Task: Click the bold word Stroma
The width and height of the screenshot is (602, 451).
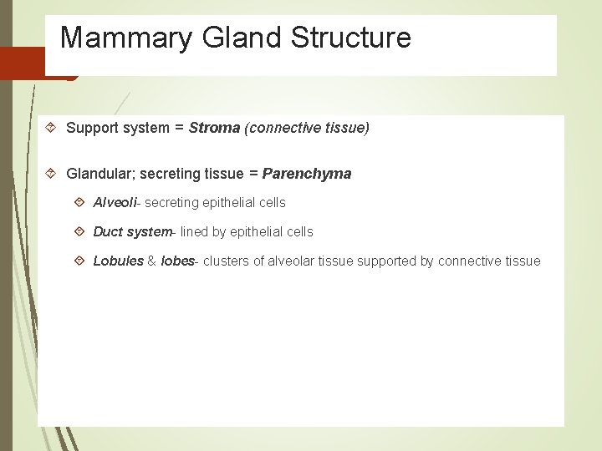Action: pos(214,128)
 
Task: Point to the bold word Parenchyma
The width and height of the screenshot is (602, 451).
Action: pos(307,174)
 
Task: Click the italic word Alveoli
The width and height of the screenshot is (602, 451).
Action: pos(115,203)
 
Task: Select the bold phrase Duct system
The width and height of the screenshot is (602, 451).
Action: pos(131,231)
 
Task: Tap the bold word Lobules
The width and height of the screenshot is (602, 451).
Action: pos(118,261)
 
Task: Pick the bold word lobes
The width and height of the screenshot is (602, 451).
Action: pos(176,261)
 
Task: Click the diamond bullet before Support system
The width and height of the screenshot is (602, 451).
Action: pos(51,128)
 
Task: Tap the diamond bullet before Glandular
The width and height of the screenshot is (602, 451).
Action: pos(51,174)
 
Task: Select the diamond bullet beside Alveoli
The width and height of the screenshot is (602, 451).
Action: pos(79,203)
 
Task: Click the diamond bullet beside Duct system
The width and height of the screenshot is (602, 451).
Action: pos(79,231)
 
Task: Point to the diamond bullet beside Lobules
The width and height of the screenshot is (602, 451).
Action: pos(79,261)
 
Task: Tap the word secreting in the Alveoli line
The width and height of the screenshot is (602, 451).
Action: pos(171,203)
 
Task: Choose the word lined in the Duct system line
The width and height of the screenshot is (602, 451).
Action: pos(194,231)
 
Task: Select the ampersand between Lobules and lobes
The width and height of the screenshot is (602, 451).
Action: pos(152,261)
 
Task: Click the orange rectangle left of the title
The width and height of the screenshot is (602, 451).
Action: pos(22,63)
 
